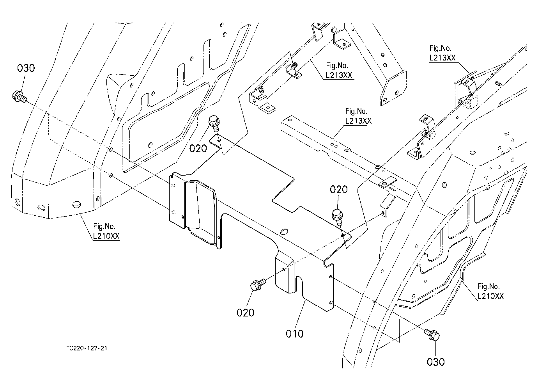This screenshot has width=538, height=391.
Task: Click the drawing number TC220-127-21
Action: pyautogui.click(x=87, y=348)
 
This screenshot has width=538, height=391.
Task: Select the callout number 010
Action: pyautogui.click(x=294, y=334)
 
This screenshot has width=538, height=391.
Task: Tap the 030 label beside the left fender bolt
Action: pyautogui.click(x=26, y=68)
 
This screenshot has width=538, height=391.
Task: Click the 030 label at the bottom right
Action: pyautogui.click(x=436, y=362)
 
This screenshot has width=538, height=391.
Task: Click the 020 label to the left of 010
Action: pyautogui.click(x=245, y=313)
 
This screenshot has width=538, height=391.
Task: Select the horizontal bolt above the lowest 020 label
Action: pyautogui.click(x=257, y=284)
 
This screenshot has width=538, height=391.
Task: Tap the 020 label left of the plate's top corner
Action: pyautogui.click(x=198, y=148)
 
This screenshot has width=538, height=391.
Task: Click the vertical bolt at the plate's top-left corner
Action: pyautogui.click(x=214, y=123)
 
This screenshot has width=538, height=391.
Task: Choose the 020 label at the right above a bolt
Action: pyautogui.click(x=339, y=190)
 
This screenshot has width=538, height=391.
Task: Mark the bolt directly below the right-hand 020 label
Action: pyautogui.click(x=338, y=217)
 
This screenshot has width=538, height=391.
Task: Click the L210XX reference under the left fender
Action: pyautogui.click(x=106, y=236)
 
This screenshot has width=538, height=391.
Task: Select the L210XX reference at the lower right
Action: pyautogui.click(x=491, y=296)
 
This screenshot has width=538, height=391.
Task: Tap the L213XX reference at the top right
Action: pyautogui.click(x=442, y=58)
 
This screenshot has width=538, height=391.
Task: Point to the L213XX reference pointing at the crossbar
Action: pyautogui.click(x=358, y=121)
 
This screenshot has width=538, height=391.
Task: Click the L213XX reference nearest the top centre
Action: pyautogui.click(x=339, y=75)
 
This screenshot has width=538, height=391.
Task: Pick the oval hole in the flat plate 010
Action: pyautogui.click(x=284, y=231)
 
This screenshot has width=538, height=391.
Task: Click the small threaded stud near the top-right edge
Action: pyautogui.click(x=498, y=84)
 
